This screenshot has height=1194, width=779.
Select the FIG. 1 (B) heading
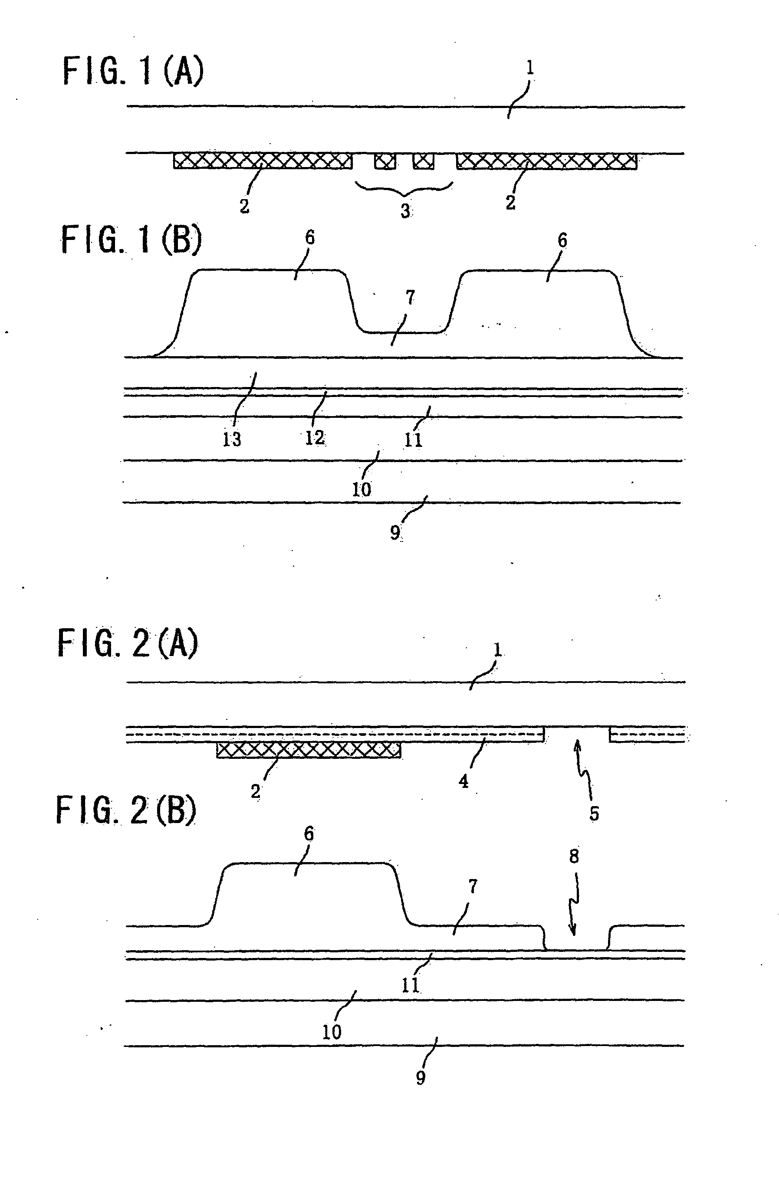point(131,239)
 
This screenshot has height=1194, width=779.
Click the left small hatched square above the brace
point(385,161)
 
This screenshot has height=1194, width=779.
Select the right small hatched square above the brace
point(423,161)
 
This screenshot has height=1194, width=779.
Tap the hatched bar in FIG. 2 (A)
point(309,750)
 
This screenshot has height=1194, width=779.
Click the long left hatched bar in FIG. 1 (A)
point(263,161)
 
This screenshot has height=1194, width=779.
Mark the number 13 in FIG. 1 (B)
point(232,440)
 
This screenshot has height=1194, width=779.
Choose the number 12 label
point(315,438)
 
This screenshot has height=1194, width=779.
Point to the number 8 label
point(574,856)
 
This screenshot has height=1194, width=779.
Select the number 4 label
point(463,781)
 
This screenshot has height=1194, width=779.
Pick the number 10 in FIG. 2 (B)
point(331,1033)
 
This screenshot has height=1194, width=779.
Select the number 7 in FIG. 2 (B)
point(472,887)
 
